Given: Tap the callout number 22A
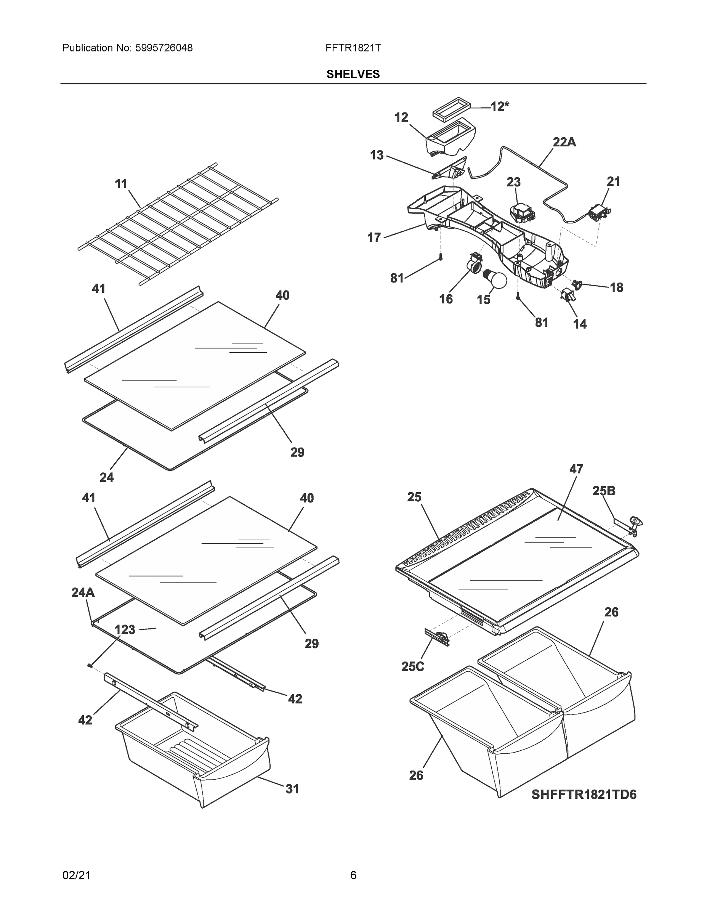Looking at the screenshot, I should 564,143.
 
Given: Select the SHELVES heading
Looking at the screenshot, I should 353,74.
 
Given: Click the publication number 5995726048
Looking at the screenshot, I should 164,48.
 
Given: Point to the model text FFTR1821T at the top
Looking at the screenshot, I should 353,48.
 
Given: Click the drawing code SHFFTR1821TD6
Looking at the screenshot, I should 584,795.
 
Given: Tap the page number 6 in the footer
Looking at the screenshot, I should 353,875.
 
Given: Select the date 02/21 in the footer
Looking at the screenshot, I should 76,875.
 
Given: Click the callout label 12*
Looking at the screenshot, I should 500,107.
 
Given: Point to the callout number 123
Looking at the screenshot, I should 125,630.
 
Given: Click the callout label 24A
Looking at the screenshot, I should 83,592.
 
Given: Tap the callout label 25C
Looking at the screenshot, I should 412,666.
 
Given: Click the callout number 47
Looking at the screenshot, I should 576,469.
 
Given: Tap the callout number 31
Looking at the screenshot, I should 292,789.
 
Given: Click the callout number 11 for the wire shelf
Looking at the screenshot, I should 121,183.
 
